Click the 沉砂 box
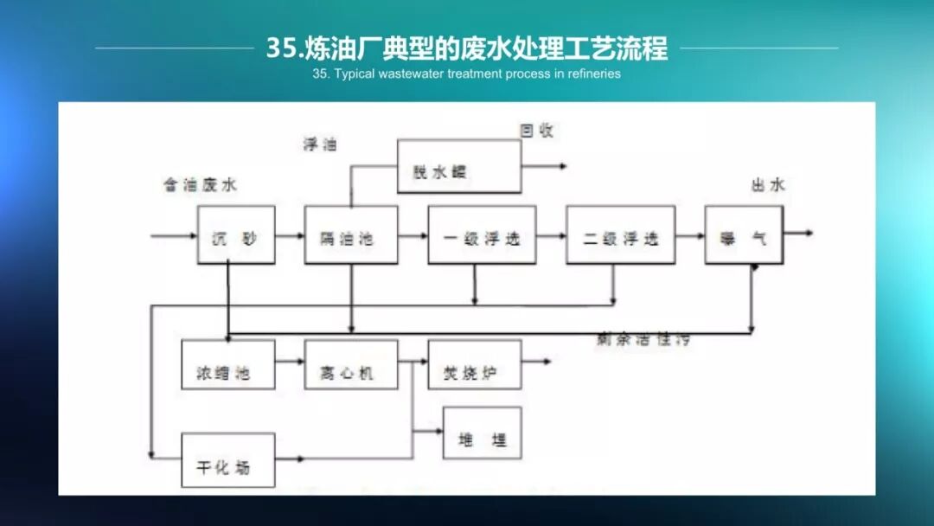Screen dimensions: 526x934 click(x=236, y=234)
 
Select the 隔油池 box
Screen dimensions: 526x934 click(x=351, y=234)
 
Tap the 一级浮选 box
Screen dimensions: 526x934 click(x=482, y=234)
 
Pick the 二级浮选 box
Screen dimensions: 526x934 click(x=620, y=234)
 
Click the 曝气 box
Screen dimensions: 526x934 click(x=743, y=234)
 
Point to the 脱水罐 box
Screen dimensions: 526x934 click(x=459, y=167)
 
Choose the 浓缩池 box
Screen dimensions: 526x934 click(x=228, y=364)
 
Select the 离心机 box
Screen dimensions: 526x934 click(x=351, y=364)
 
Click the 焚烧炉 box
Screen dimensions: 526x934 click(x=475, y=364)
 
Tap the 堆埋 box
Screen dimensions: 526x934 click(x=483, y=433)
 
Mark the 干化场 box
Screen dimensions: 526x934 click(x=228, y=459)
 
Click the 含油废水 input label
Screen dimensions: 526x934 click(x=200, y=185)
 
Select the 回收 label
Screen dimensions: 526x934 click(x=536, y=131)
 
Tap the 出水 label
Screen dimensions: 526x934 click(x=768, y=185)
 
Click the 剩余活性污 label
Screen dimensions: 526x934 click(x=643, y=340)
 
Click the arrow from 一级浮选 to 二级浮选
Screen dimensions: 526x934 click(x=551, y=234)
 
